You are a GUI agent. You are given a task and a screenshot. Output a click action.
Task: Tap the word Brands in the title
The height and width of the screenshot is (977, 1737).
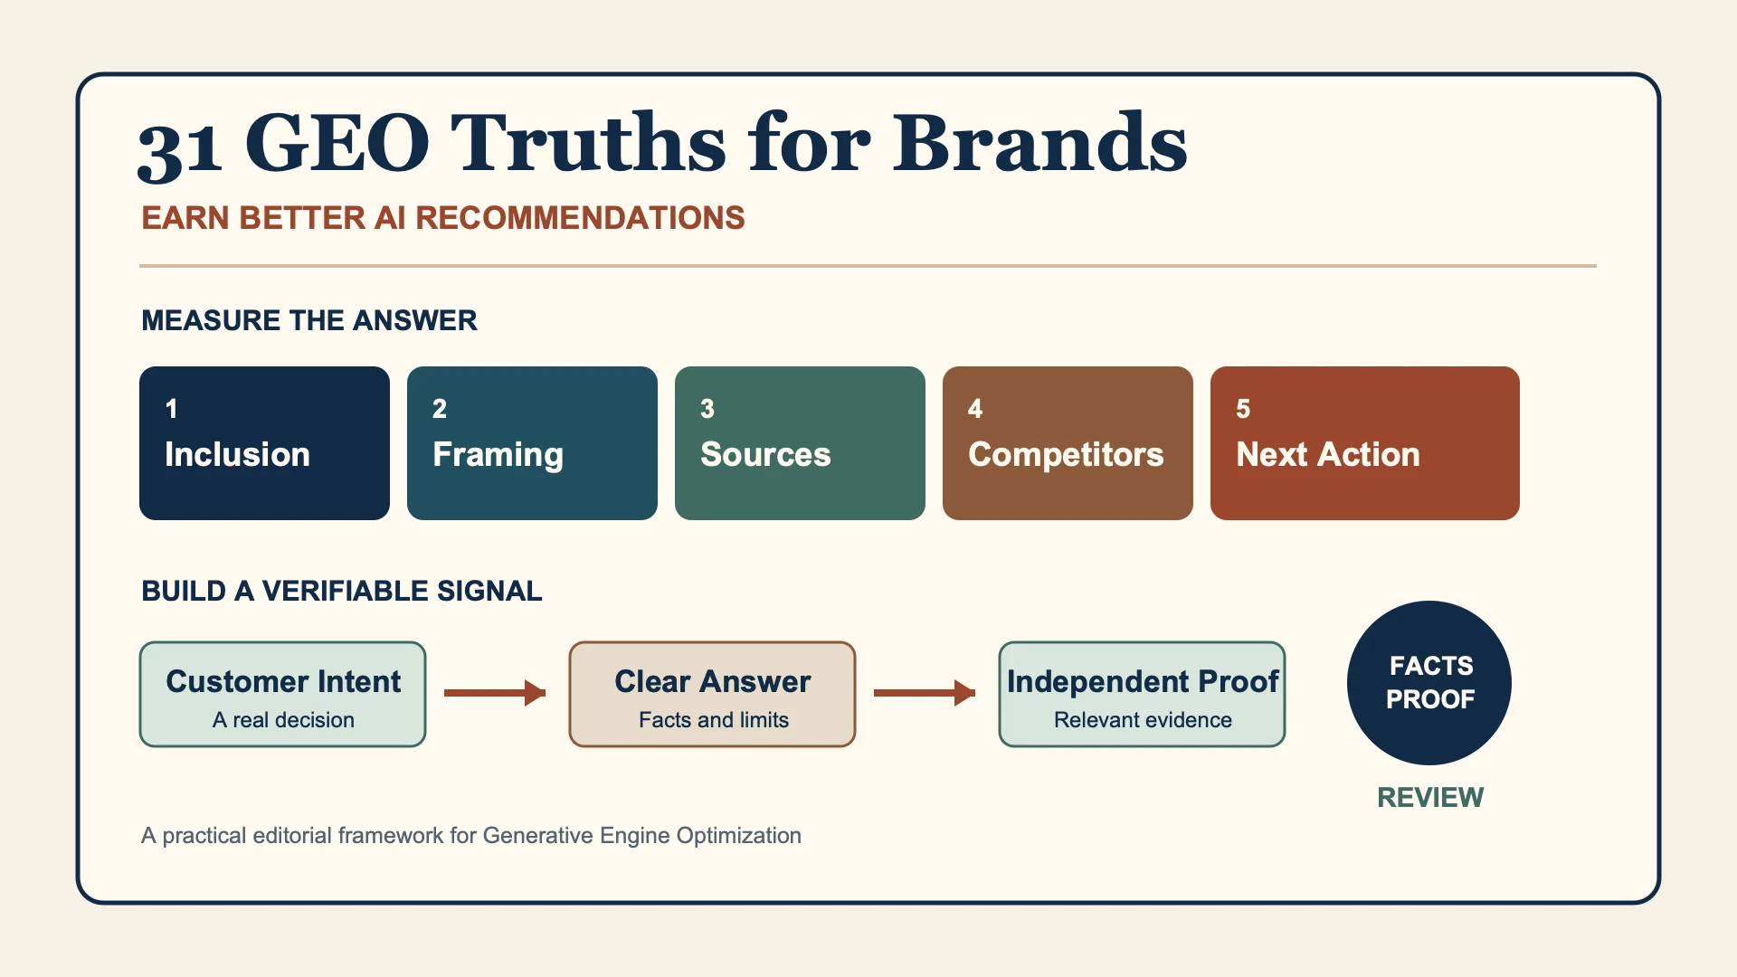point(1040,142)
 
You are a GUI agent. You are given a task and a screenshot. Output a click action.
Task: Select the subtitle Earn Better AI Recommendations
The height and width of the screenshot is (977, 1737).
point(443,218)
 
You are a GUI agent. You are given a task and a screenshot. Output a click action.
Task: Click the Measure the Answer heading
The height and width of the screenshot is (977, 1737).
point(309,320)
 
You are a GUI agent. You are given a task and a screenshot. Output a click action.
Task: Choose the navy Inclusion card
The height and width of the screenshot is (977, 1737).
point(264,443)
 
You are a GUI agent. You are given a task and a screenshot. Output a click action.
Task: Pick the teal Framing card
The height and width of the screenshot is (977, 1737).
point(532,443)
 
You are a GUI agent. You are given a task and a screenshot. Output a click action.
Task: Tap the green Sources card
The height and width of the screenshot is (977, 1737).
point(800,443)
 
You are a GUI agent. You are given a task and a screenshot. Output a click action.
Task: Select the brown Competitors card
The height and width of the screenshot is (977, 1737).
point(1068,443)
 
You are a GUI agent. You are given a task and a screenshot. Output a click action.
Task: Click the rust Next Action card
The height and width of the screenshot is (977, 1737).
point(1365,443)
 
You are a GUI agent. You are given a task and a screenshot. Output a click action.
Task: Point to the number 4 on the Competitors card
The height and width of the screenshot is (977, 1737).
point(975,409)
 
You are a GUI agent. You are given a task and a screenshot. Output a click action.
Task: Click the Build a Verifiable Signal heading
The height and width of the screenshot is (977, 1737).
point(342,591)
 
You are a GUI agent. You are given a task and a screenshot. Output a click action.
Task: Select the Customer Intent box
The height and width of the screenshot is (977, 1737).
point(282,694)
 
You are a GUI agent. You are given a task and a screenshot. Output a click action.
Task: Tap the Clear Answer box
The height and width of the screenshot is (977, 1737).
point(712,694)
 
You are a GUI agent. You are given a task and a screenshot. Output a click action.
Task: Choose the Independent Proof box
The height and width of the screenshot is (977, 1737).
point(1142,694)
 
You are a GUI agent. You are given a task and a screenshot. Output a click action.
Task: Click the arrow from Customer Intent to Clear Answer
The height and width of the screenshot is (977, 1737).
point(495,693)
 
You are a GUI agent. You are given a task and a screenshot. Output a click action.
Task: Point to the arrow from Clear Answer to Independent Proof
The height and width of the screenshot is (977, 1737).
point(925,693)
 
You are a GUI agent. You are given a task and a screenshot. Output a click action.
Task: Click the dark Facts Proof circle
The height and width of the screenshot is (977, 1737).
point(1429,683)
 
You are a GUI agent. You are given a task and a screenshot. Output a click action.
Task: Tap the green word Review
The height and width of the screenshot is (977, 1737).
point(1430,797)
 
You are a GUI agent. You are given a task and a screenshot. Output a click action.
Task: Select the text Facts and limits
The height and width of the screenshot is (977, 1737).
point(714,720)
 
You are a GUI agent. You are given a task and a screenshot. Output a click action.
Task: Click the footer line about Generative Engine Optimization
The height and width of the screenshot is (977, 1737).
point(471,835)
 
